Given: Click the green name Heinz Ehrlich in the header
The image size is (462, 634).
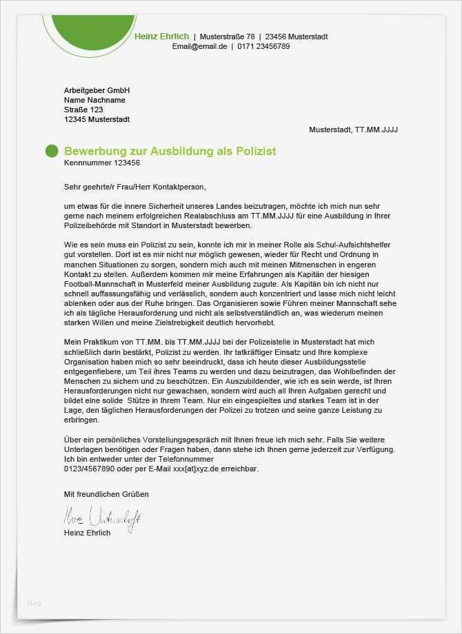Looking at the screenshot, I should (162, 37).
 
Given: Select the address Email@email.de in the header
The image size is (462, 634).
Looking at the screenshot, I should (199, 47).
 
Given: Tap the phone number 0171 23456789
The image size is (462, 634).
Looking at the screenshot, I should (263, 47).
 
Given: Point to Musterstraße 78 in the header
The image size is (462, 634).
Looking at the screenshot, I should (227, 37).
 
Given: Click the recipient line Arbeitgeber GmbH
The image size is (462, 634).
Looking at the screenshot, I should (97, 90).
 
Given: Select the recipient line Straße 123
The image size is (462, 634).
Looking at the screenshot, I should (83, 110).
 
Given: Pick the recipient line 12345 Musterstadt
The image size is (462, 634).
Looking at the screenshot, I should (97, 119).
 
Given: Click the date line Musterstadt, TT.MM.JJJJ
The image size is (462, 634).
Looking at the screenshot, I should (353, 130).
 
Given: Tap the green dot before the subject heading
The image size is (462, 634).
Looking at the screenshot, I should (52, 152).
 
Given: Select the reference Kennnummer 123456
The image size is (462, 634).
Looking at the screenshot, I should (101, 163).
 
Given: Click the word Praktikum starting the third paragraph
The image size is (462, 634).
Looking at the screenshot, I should (100, 342).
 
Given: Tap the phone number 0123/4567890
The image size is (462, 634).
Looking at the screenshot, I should (88, 469).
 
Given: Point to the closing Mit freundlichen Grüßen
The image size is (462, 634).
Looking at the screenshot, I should (106, 494).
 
